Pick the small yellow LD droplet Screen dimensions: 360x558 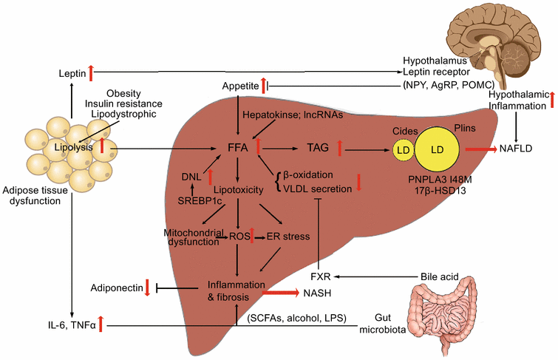coord(404,151)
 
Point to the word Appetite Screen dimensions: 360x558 coord(238,86)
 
